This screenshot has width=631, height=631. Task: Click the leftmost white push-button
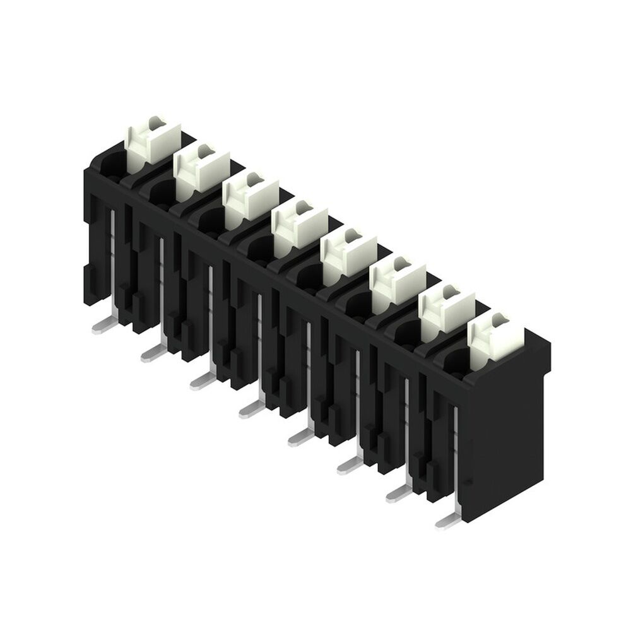click(x=151, y=140)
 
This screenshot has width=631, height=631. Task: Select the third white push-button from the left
click(x=250, y=197)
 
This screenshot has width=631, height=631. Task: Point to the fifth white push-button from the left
click(x=348, y=254)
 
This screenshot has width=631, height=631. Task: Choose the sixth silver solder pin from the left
click(x=350, y=466)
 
